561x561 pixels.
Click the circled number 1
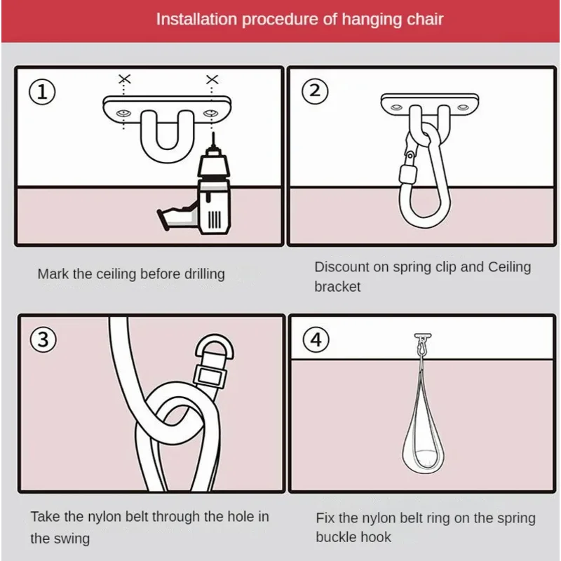coord(42,92)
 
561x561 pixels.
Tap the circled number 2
coord(315,91)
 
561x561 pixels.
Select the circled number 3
coord(43,339)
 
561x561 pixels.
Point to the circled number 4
coord(316,339)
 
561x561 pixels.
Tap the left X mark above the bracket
coord(125,79)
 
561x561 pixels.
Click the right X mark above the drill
coord(212,79)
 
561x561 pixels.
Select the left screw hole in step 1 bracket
coord(123,114)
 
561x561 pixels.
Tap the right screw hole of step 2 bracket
coord(463,107)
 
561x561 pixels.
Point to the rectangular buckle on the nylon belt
coord(209,377)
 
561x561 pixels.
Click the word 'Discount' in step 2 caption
coord(342,267)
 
